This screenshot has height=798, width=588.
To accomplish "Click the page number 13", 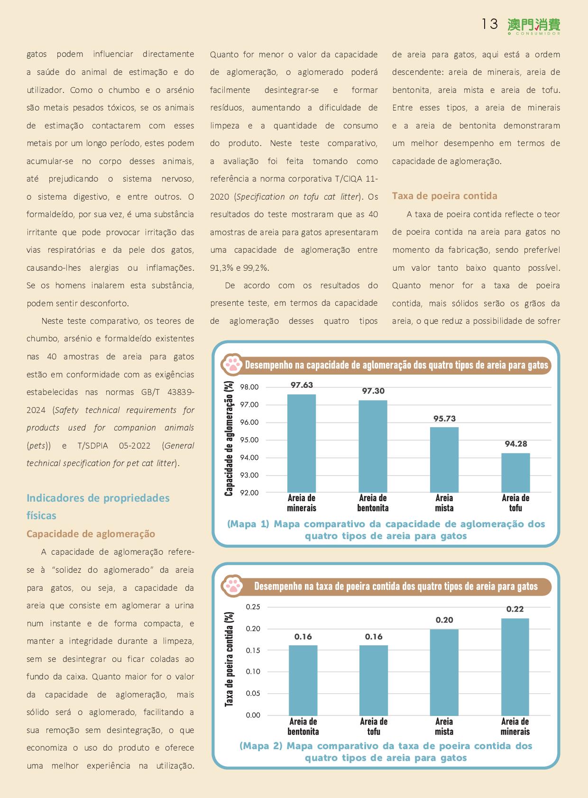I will (x=489, y=24).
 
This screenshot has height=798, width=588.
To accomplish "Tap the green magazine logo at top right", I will (x=533, y=26).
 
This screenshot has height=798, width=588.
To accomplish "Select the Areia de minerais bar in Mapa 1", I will (x=302, y=443).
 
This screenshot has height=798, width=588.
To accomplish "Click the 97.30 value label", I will (x=373, y=391).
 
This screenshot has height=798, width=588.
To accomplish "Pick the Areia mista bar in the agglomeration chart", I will (x=444, y=459).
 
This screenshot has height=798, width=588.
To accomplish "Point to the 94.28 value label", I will (x=516, y=444).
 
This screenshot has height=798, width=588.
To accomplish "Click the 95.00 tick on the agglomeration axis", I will (x=249, y=440).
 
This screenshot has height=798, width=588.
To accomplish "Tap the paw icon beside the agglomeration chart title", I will (x=232, y=365).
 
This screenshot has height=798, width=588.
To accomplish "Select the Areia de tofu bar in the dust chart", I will (x=374, y=680).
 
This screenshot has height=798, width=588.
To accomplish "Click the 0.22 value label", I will (x=515, y=609).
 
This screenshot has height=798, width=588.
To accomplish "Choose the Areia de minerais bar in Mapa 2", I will (x=515, y=667).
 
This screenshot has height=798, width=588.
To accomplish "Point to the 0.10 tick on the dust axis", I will (x=253, y=671).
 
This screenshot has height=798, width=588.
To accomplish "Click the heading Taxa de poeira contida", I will (x=444, y=196).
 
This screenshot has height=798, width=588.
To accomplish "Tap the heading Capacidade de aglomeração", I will (x=91, y=534).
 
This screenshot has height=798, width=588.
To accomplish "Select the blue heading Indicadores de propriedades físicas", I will (x=98, y=506).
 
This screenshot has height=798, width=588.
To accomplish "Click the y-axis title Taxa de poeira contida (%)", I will (x=230, y=660).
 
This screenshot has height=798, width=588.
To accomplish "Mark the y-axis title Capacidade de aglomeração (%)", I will (x=230, y=439).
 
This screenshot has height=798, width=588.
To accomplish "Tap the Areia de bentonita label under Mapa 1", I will (x=373, y=503).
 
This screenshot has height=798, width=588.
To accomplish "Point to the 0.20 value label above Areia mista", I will (x=444, y=620).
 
